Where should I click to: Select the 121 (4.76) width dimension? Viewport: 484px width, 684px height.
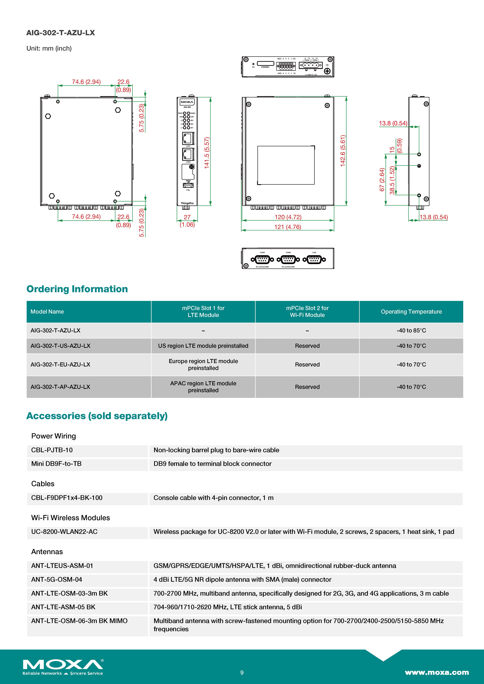[x=288, y=227]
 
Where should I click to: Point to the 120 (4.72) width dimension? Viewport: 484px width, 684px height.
[x=288, y=217]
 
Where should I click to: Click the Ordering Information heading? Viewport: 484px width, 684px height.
[x=77, y=289]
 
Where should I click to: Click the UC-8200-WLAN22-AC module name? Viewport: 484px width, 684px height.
[x=64, y=532]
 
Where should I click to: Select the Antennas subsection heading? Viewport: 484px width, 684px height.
[x=47, y=552]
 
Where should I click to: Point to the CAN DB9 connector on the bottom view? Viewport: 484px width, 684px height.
[x=314, y=259]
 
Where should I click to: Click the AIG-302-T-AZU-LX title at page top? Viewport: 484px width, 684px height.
[x=60, y=33]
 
